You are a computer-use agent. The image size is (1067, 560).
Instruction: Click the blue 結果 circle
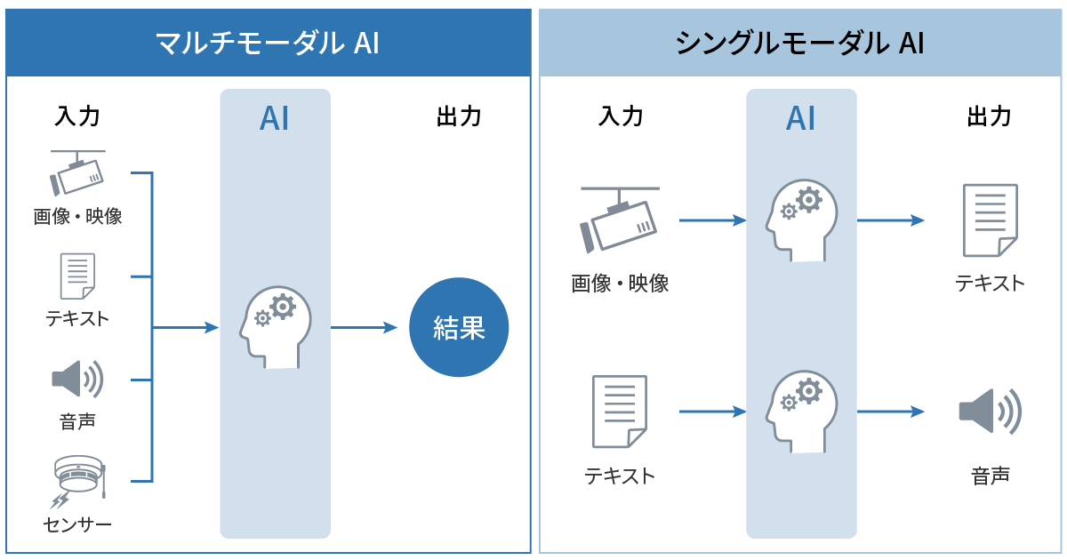pyautogui.click(x=459, y=327)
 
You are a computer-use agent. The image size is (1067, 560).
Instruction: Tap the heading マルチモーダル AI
pyautogui.click(x=267, y=43)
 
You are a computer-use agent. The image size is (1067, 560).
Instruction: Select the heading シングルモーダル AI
pyautogui.click(x=800, y=43)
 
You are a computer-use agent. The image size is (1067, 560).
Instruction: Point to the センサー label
pyautogui.click(x=78, y=524)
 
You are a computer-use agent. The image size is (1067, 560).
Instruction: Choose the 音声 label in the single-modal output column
pyautogui.click(x=990, y=476)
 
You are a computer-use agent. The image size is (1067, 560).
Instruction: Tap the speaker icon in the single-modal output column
pyautogui.click(x=990, y=411)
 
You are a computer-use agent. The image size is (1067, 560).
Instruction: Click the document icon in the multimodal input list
pyautogui.click(x=77, y=276)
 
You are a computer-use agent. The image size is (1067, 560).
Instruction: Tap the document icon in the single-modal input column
pyautogui.click(x=619, y=412)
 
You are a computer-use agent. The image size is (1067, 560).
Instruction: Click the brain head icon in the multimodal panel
pyautogui.click(x=276, y=328)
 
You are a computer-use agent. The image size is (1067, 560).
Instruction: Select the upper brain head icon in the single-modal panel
pyautogui.click(x=801, y=221)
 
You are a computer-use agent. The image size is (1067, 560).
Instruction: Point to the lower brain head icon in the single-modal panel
pyautogui.click(x=801, y=412)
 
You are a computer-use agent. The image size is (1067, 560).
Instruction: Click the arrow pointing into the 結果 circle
pyautogui.click(x=364, y=328)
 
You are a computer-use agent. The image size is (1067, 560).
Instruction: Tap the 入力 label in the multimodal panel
pyautogui.click(x=77, y=116)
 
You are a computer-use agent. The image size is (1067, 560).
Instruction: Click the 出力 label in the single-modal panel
pyautogui.click(x=989, y=116)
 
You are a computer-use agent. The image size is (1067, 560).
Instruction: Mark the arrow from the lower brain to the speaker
pyautogui.click(x=890, y=412)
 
